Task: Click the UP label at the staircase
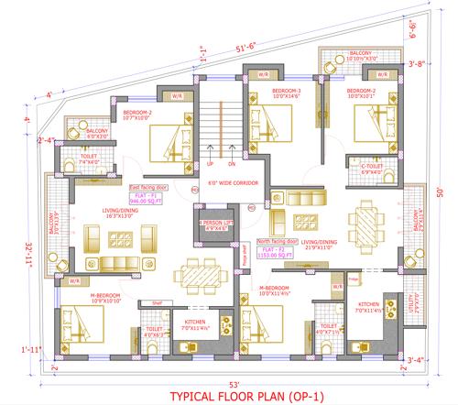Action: click(210, 164)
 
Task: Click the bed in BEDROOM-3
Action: click(275, 133)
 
